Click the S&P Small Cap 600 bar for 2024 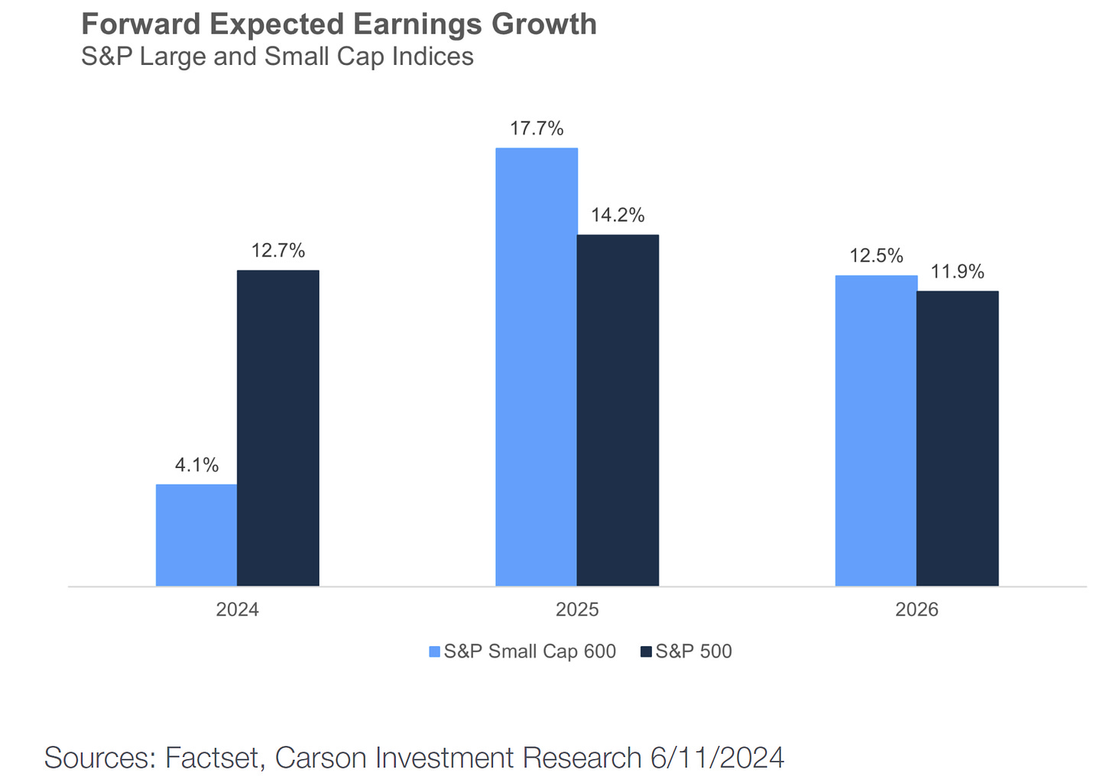tap(196, 535)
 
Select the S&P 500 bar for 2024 tap(278, 428)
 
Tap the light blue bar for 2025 tap(537, 367)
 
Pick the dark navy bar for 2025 tap(618, 411)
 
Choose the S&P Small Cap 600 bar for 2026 tap(876, 430)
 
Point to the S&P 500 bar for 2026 tap(958, 438)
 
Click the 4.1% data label tap(196, 465)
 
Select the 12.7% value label tap(278, 250)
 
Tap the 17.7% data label tap(537, 128)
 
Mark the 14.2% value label tap(618, 215)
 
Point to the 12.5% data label tap(876, 255)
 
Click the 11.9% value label tap(957, 271)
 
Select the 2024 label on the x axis tap(237, 610)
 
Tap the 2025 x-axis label tap(577, 610)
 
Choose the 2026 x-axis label tap(917, 610)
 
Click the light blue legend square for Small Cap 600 tap(435, 652)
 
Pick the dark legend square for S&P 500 tap(646, 652)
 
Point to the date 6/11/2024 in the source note tap(717, 758)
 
